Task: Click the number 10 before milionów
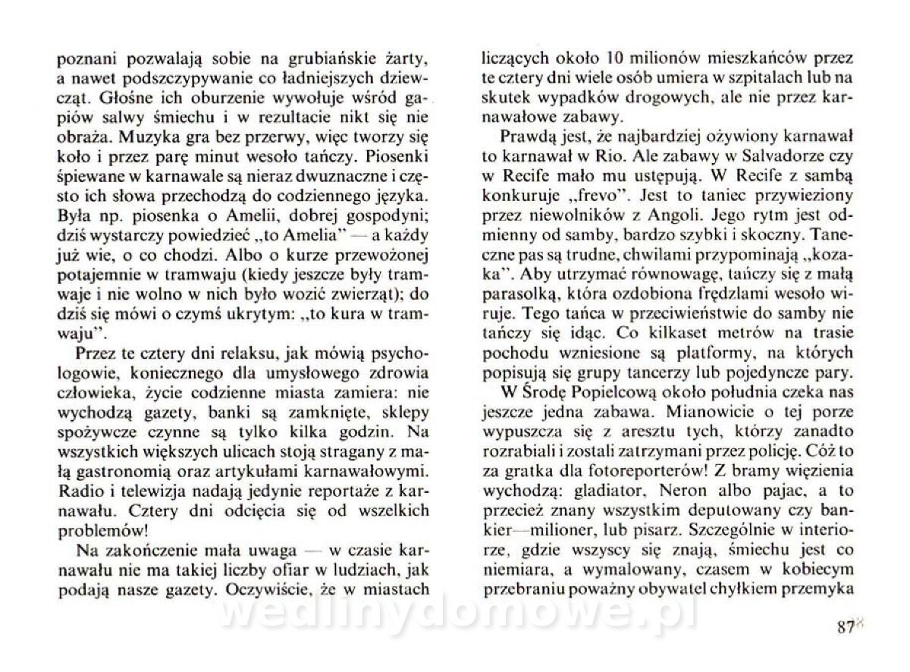617,58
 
